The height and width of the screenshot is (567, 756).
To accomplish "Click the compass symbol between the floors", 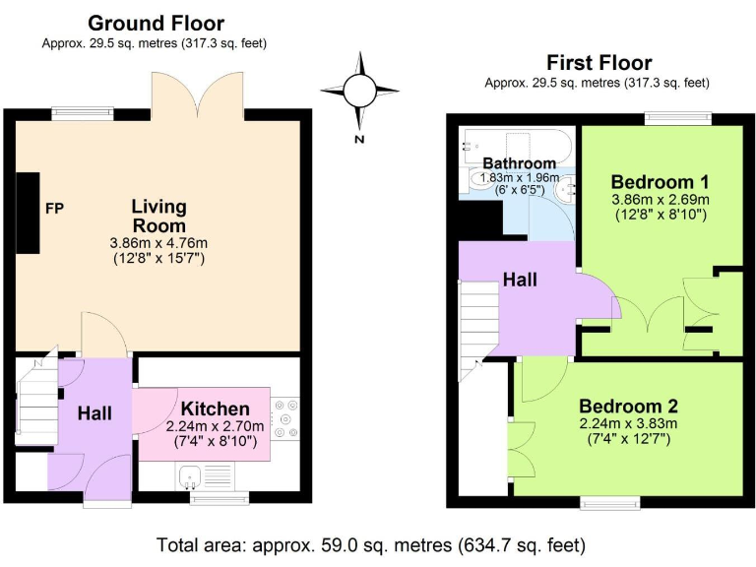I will click(x=359, y=94).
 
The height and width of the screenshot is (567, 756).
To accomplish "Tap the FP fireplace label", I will click(x=54, y=209).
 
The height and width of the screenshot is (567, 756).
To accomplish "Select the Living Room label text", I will click(x=158, y=216).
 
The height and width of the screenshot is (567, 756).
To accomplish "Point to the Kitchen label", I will click(x=215, y=409).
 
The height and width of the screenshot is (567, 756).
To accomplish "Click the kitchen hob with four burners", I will click(x=286, y=417).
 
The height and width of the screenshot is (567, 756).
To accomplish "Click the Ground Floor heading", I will click(x=155, y=23).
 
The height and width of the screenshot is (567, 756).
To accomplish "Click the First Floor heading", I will click(x=597, y=63).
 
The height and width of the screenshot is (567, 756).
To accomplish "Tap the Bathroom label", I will click(x=519, y=163).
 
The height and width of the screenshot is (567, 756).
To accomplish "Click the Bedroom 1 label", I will click(x=660, y=182).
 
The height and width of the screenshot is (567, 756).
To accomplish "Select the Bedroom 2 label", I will click(x=627, y=407).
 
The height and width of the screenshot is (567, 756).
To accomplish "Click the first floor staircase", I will click(x=480, y=325).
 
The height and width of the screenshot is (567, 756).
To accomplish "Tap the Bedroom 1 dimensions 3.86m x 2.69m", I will click(x=660, y=200).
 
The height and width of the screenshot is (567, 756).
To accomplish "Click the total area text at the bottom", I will click(x=372, y=543).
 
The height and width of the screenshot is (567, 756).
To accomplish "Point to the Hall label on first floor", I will click(x=520, y=281).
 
